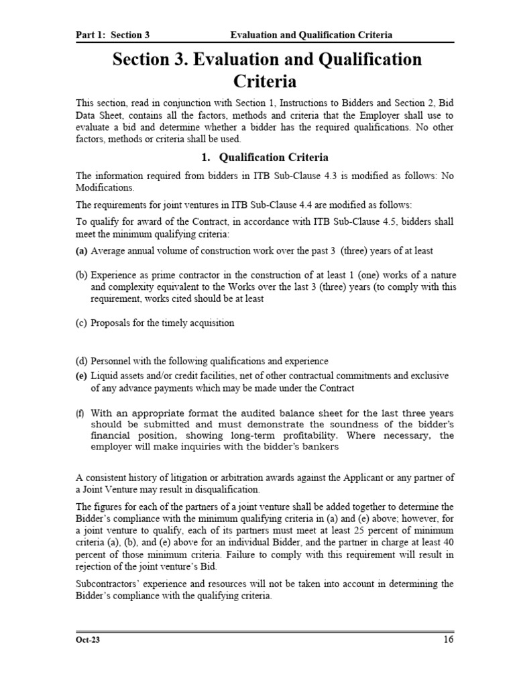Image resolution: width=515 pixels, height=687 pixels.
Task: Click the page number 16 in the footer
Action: click(448, 639)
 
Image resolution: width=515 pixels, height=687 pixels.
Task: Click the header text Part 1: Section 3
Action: click(112, 35)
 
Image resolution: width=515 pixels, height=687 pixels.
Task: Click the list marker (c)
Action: click(82, 323)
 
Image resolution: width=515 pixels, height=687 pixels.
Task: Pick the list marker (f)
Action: click(81, 413)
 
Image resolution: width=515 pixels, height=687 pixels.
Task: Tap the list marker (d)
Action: click(82, 361)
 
